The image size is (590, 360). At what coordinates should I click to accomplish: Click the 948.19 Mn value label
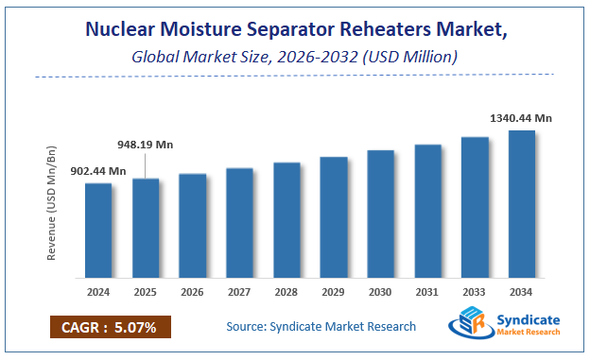pyautogui.click(x=147, y=146)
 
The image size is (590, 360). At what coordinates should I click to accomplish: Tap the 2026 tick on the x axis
pyautogui.click(x=193, y=292)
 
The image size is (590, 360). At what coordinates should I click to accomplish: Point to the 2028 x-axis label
pyautogui.click(x=286, y=292)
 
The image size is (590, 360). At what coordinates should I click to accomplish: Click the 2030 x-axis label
pyautogui.click(x=381, y=292)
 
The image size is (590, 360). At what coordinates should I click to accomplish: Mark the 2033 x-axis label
pyautogui.click(x=475, y=292)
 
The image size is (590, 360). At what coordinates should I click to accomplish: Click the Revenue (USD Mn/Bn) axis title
pyautogui.click(x=53, y=202)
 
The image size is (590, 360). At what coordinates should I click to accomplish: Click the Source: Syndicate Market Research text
pyautogui.click(x=321, y=327)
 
